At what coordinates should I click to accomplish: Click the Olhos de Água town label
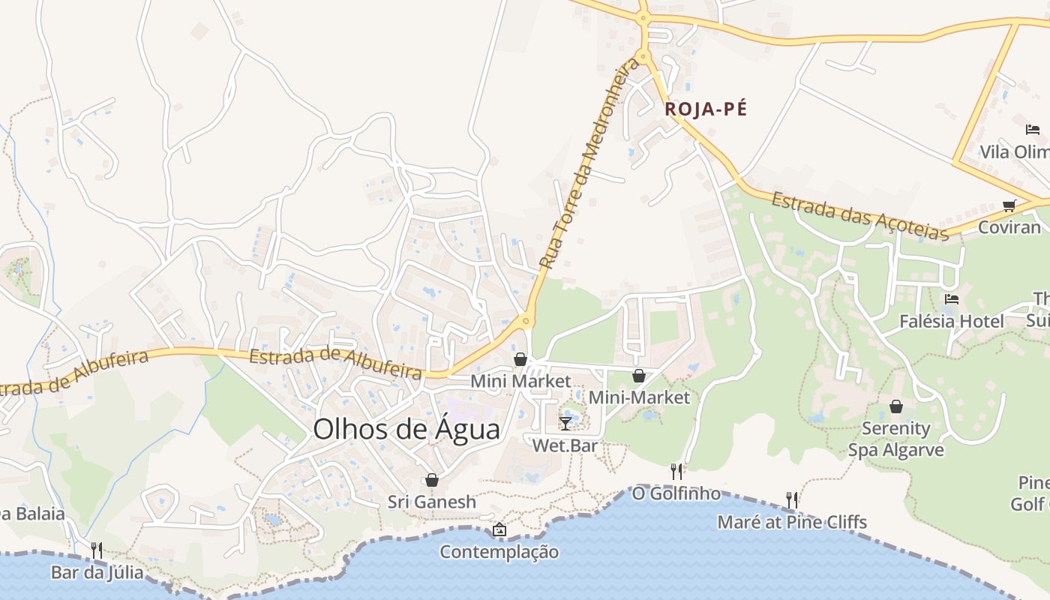pyautogui.click(x=406, y=430)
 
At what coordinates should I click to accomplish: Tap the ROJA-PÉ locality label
pyautogui.click(x=706, y=109)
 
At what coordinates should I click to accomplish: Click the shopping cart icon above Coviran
pyautogui.click(x=1009, y=205)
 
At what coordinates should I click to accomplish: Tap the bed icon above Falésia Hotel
pyautogui.click(x=952, y=298)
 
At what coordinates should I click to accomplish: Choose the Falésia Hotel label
pyautogui.click(x=952, y=322)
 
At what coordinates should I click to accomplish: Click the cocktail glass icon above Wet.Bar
pyautogui.click(x=565, y=424)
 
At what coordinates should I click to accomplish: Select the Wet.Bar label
pyautogui.click(x=565, y=445)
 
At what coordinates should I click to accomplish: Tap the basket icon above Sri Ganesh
pyautogui.click(x=432, y=480)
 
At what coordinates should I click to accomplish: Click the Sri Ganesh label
pyautogui.click(x=432, y=502)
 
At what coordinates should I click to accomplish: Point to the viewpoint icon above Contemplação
pyautogui.click(x=499, y=530)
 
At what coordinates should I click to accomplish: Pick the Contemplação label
pyautogui.click(x=499, y=552)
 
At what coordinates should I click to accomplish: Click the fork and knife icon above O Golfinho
pyautogui.click(x=676, y=471)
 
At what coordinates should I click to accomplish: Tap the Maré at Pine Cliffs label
pyautogui.click(x=792, y=522)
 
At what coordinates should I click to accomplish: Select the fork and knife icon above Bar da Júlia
pyautogui.click(x=97, y=550)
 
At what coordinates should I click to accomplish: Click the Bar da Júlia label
pyautogui.click(x=97, y=573)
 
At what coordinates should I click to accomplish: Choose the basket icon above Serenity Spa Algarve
pyautogui.click(x=895, y=406)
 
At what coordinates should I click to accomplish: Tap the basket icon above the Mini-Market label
pyautogui.click(x=639, y=375)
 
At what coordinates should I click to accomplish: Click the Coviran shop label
pyautogui.click(x=1009, y=228)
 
